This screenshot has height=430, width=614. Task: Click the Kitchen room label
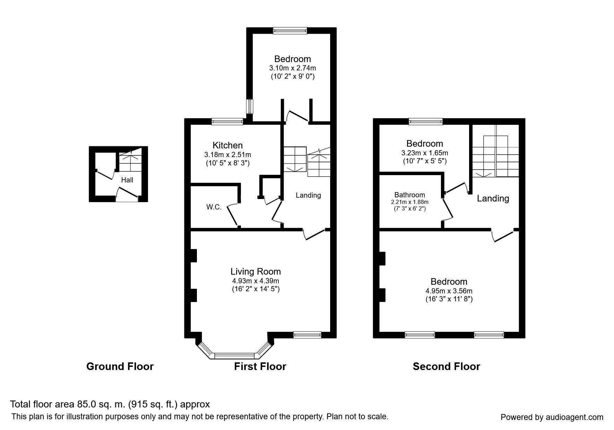[x=227, y=145]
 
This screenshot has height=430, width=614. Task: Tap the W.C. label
[x=214, y=207]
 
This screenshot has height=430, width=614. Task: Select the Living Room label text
[x=256, y=272]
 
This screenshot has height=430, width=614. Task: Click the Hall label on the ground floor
[x=127, y=180]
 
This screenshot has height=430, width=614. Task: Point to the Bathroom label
[x=409, y=195]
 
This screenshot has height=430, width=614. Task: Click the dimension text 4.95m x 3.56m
[x=449, y=291]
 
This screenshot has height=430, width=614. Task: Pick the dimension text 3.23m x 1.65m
[x=424, y=153]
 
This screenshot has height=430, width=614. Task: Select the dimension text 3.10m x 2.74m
[x=292, y=68]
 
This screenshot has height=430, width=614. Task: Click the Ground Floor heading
[x=120, y=367]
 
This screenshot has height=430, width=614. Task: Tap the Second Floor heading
[x=446, y=367]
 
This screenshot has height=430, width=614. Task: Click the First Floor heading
[x=260, y=367]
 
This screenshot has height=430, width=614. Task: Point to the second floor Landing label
[x=493, y=198]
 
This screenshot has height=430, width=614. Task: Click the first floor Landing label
[x=308, y=195]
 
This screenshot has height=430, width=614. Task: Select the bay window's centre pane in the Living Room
[x=235, y=355]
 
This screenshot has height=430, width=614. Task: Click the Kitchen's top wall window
[x=227, y=121]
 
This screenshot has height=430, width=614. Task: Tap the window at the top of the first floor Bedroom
[x=290, y=31]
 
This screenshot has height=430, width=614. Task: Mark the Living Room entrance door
[x=314, y=234]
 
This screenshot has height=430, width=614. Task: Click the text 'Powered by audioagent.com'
[x=552, y=417]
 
